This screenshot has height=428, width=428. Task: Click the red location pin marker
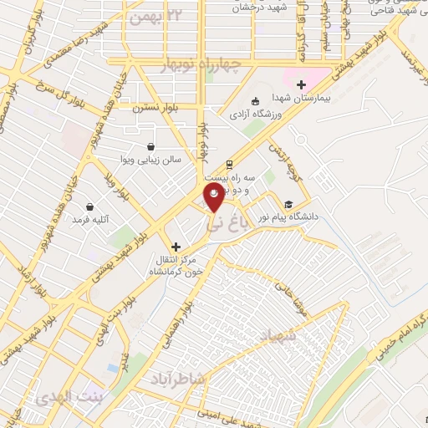coord(215,197)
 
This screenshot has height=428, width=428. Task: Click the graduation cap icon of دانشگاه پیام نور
coord(288,204)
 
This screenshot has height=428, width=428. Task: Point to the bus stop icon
coord(228,165)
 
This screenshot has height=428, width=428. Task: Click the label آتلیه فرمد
coord(91,219)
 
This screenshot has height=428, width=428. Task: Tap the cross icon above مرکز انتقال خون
coord(176,247)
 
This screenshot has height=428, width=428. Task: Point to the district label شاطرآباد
coord(176,378)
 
